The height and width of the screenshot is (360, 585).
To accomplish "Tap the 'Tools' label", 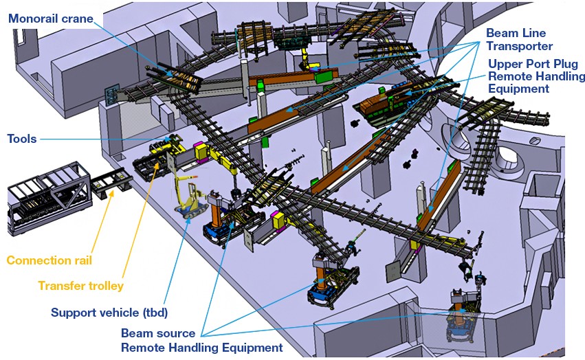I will [21, 139].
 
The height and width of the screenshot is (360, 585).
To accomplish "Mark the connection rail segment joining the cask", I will [106, 186].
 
